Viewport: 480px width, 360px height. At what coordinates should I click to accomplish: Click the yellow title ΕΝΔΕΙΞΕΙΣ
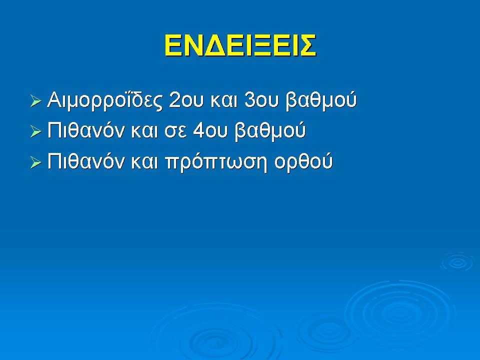click(240, 45)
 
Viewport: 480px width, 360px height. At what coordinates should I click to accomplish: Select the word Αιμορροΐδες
click(104, 100)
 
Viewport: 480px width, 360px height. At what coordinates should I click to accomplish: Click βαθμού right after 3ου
click(321, 100)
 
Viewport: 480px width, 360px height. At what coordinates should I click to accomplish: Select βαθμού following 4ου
click(270, 131)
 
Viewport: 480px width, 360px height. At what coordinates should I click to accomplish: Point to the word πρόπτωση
click(216, 163)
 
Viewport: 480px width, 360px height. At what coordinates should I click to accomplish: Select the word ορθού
click(303, 162)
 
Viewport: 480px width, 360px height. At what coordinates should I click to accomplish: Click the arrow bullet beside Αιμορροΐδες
click(36, 101)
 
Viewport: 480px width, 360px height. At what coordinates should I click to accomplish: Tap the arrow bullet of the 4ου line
click(36, 131)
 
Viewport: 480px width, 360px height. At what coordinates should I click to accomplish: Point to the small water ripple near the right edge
click(457, 262)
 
